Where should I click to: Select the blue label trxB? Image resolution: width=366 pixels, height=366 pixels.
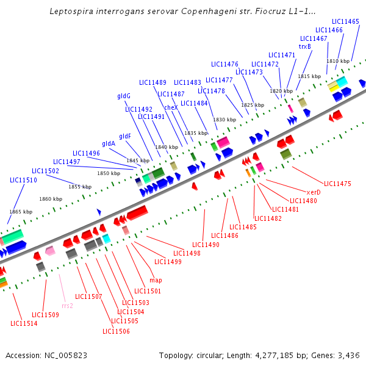[x=304, y=46]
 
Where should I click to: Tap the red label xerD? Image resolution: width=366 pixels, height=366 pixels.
[x=313, y=192]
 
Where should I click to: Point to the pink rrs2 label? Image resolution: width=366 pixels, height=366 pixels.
[x=67, y=306]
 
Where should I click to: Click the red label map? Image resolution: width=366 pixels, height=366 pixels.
[x=156, y=280]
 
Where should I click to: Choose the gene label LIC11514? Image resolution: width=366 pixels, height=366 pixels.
[x=24, y=323]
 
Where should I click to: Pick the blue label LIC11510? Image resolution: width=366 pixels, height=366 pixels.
[x=24, y=180]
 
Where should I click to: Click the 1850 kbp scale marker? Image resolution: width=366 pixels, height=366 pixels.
[x=109, y=173]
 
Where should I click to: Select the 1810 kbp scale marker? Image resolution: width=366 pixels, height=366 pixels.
[x=338, y=61]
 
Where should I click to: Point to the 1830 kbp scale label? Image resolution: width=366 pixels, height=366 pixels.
[x=224, y=120]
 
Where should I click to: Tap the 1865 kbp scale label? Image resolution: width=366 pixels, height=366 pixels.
[x=20, y=212]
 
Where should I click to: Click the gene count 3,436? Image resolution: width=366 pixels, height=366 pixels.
[x=348, y=355]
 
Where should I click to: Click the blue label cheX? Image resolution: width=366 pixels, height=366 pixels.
[x=171, y=107]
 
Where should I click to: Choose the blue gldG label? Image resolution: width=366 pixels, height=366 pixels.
[x=124, y=96]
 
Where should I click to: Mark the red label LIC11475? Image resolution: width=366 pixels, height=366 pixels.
[x=337, y=184]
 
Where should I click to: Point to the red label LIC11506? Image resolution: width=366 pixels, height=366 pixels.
[x=116, y=331]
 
